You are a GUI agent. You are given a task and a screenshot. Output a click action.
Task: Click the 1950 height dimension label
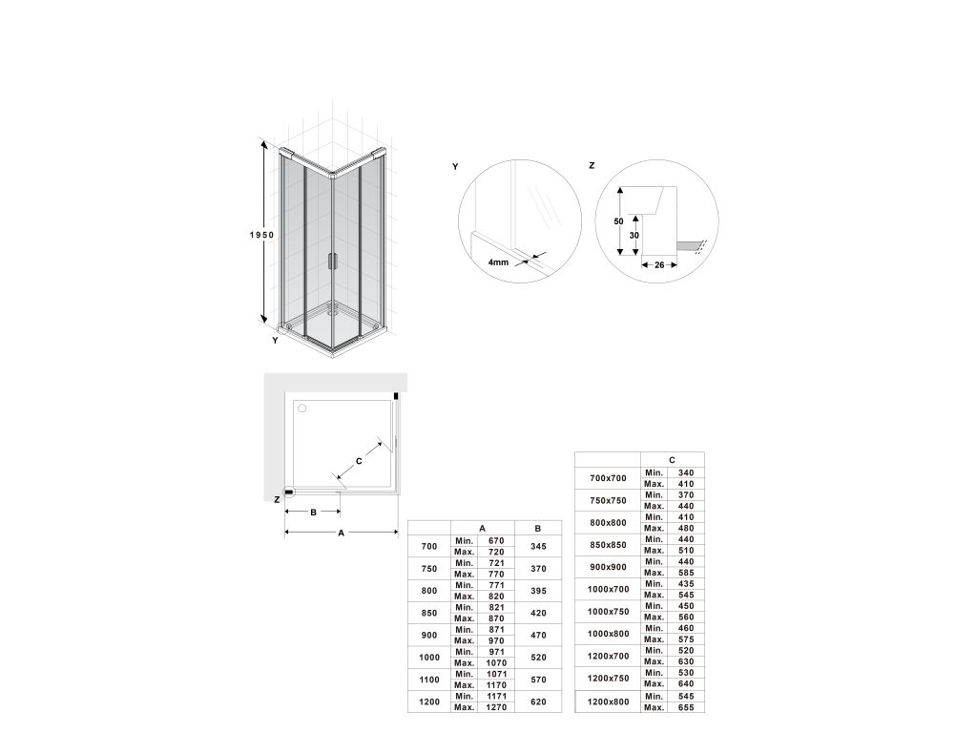tap(262, 234)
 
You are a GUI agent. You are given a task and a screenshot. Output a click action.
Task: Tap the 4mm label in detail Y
tap(498, 262)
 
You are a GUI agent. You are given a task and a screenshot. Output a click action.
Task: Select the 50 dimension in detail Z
tap(619, 221)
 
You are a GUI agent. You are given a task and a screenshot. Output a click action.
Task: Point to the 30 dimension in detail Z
tap(634, 235)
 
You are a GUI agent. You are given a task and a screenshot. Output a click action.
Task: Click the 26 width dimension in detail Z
tap(660, 265)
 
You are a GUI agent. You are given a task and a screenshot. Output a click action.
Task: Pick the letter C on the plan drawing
tap(359, 461)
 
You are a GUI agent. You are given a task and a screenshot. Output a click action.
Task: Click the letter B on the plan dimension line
tap(313, 513)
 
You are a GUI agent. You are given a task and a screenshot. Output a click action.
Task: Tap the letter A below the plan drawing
tap(341, 534)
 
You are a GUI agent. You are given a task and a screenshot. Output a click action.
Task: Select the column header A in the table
tap(482, 528)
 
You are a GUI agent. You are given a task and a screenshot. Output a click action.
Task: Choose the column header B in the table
tap(538, 528)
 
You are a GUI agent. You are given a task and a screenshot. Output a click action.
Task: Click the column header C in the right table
tap(672, 459)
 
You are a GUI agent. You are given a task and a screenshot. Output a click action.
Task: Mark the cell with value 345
tap(538, 546)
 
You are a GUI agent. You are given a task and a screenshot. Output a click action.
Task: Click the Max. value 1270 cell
tap(495, 707)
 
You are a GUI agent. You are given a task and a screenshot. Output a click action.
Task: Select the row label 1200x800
tap(608, 702)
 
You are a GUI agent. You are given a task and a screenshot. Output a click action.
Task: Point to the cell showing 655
tap(685, 707)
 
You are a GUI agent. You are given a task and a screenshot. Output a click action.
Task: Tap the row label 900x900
tap(608, 568)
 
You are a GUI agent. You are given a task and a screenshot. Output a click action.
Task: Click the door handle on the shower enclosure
tap(330, 261)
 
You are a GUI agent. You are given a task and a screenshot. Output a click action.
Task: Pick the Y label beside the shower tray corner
tap(275, 340)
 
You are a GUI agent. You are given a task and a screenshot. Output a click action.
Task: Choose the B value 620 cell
tap(538, 702)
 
